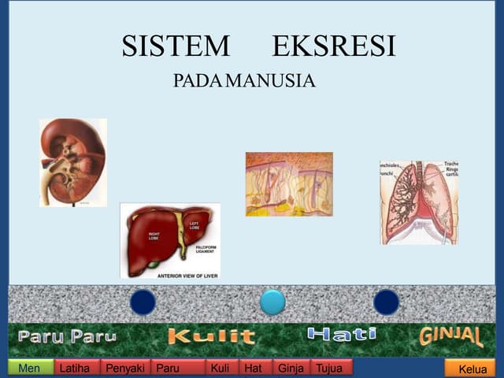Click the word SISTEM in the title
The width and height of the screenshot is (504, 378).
176,47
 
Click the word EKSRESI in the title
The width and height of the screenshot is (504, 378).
334,47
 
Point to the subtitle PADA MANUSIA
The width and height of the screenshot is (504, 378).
244,81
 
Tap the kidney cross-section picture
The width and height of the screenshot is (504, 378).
72,162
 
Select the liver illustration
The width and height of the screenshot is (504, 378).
170,236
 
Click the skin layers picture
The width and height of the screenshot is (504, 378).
289,184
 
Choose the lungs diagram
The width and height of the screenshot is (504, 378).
419,202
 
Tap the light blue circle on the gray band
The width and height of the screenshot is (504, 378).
272,302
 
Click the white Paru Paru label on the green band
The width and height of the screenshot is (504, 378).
68,337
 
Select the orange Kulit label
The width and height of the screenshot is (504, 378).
211,337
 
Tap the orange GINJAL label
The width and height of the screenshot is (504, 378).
451,336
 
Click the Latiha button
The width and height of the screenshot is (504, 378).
77,368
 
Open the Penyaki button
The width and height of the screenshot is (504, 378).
125,368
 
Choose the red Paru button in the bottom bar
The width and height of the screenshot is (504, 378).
177,368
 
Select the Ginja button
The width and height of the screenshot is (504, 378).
291,368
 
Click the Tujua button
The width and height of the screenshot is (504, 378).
332,368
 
